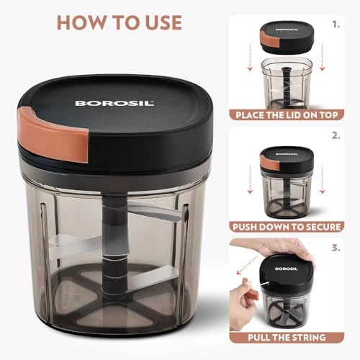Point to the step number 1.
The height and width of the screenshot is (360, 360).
click(x=336, y=24)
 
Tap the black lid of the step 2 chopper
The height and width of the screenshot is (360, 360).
click(x=287, y=161)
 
